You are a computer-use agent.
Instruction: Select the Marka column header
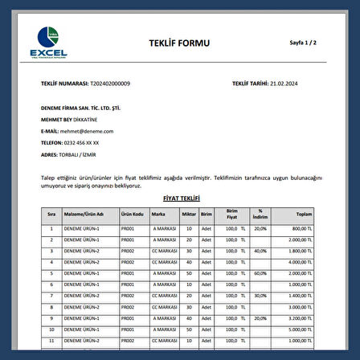[x=157, y=215]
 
